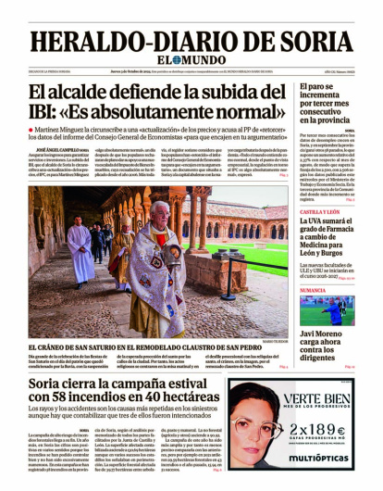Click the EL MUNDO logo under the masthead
[x=191, y=62]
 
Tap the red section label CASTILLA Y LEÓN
[x=321, y=212]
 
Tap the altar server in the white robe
[x=80, y=250]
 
